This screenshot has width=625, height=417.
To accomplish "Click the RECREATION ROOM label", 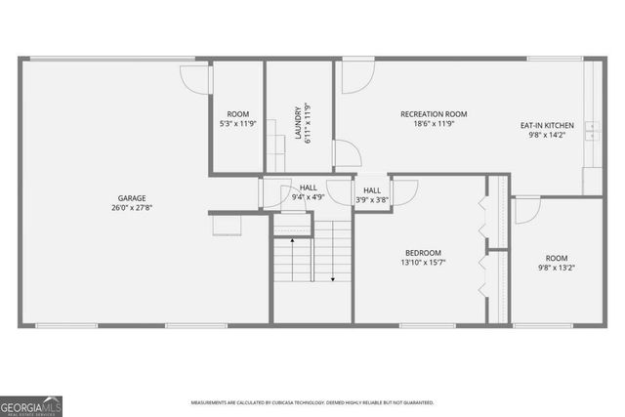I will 427,113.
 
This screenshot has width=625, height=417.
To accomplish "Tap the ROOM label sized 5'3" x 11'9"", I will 237,113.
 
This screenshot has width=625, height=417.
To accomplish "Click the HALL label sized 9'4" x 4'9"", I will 308,187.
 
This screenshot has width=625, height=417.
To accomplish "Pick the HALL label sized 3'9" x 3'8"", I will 371,190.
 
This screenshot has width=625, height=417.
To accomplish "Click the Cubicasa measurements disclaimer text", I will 312,402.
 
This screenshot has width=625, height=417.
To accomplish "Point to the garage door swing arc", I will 195,77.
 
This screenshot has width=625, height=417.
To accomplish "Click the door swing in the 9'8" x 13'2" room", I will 526,209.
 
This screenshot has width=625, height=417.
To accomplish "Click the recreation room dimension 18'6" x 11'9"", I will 427,124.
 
